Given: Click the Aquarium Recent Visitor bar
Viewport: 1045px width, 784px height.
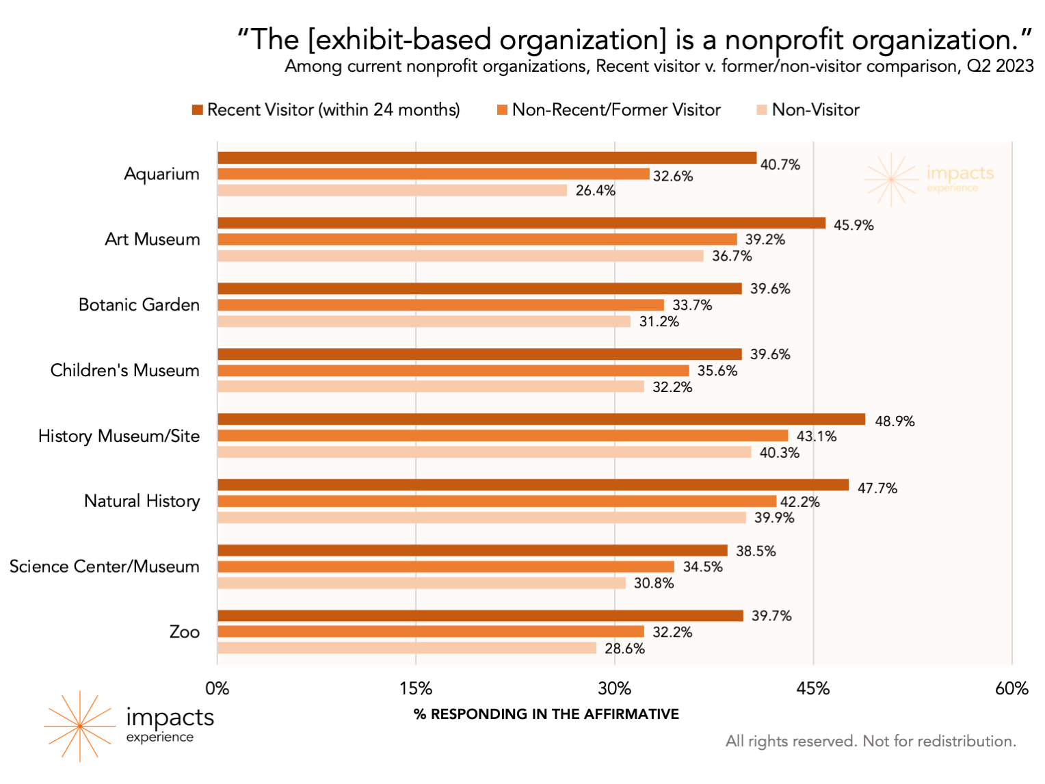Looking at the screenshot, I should (487, 158).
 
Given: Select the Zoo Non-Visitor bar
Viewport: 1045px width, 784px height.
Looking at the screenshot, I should (407, 648).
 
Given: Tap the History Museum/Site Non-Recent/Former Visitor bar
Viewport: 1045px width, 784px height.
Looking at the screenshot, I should (503, 436).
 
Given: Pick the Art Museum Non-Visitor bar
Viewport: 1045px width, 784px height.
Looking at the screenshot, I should (460, 256).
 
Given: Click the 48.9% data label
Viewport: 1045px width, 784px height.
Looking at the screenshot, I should (895, 421).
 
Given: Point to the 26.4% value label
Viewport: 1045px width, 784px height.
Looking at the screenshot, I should (595, 191).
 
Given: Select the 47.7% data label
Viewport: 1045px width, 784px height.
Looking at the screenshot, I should (877, 488).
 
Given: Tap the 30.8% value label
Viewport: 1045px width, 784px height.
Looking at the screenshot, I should (654, 584).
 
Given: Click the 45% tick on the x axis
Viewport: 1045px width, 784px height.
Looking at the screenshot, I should (813, 689).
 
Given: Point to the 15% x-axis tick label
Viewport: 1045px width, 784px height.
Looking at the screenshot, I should (416, 689).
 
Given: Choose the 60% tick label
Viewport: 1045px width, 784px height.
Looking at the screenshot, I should (1011, 689).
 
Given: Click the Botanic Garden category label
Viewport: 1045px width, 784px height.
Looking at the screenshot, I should (139, 305).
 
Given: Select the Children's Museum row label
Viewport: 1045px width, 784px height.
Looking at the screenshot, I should (125, 371).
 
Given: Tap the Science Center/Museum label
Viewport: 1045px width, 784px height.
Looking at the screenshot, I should (105, 567).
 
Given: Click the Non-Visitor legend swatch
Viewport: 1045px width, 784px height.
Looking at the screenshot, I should (762, 110).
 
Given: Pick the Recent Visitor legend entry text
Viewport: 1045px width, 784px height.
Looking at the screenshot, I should (334, 110).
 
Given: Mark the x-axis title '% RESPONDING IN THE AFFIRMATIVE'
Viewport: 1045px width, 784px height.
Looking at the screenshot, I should (546, 714).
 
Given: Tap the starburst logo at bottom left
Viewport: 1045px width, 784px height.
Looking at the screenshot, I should (79, 726).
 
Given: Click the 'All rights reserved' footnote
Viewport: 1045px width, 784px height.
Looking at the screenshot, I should (871, 742).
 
